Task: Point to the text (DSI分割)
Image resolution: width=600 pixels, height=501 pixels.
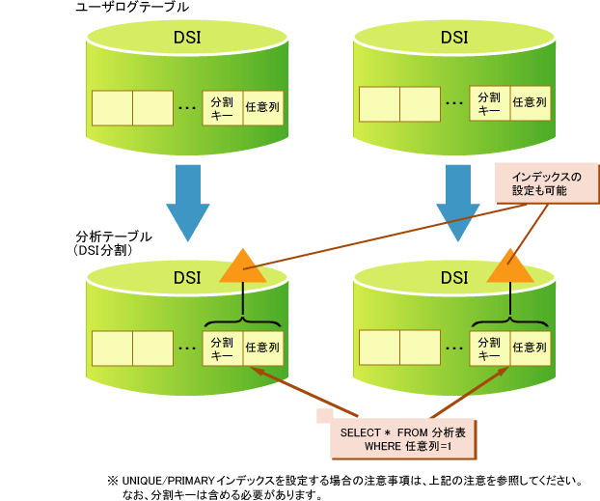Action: coord(108,249)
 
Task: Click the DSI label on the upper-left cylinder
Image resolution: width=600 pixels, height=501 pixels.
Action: coord(187,38)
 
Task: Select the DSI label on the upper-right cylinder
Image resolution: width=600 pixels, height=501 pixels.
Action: coord(454,38)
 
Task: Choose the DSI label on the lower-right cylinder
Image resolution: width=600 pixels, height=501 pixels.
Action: coord(454,278)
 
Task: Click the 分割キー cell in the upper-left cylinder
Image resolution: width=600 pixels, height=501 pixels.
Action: coord(221,104)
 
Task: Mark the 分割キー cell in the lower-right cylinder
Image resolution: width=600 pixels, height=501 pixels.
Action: coord(490,348)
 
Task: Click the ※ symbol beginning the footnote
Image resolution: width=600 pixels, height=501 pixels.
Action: coord(112,480)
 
